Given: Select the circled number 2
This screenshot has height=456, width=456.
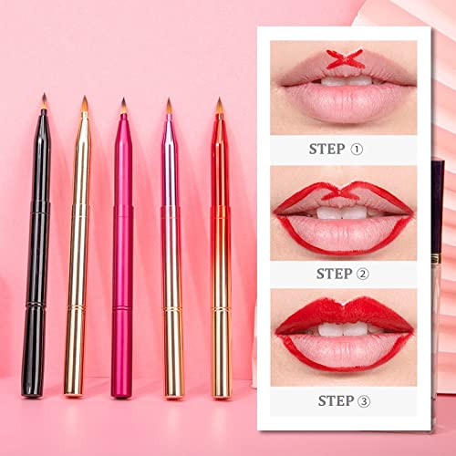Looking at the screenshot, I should point(366,273).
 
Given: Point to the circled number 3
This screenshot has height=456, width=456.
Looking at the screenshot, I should point(366,399).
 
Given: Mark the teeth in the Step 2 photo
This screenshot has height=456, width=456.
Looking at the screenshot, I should point(341,212).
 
